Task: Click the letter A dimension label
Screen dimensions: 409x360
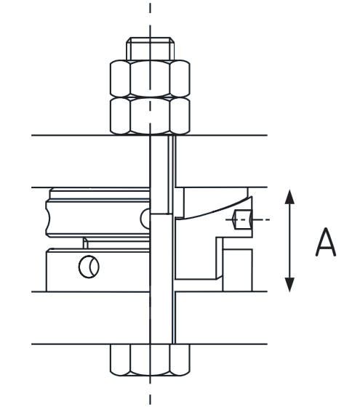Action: coord(325,242)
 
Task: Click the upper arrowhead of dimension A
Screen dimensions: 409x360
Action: coord(289,196)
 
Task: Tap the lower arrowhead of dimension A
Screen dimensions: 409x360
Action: coord(289,284)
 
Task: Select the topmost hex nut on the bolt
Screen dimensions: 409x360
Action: coord(150,77)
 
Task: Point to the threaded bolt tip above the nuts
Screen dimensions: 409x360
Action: coord(150,49)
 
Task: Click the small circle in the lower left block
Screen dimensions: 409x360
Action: coord(89,267)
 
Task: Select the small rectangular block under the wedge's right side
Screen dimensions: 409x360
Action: coord(236,264)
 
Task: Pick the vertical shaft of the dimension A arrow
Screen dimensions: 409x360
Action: coord(289,240)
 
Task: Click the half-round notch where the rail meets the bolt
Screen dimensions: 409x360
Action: coord(145,216)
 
